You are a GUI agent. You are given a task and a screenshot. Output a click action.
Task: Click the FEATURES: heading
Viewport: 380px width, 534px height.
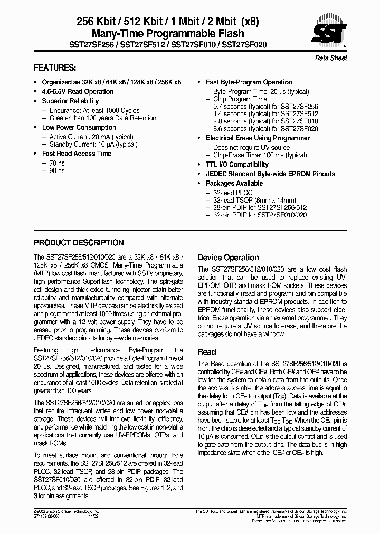[55, 68]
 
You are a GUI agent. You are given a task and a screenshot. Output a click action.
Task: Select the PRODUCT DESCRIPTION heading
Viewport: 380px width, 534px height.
[79, 243]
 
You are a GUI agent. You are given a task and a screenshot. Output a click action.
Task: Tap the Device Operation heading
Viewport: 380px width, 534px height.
[228, 258]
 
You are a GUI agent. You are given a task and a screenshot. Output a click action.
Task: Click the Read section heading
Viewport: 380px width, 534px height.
[206, 351]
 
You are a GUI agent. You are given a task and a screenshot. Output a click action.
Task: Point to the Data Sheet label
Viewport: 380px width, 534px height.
[331, 58]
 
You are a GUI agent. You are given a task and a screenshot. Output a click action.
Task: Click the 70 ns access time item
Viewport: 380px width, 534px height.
[57, 163]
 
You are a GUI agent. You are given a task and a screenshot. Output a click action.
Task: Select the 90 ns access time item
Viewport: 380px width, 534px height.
[57, 171]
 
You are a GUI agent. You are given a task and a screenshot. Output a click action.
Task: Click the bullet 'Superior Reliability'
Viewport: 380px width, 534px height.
[70, 101]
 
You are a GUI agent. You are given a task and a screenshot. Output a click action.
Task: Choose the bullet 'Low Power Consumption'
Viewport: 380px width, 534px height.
[79, 127]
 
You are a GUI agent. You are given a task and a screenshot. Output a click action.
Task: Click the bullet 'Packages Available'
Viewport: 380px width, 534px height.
[234, 183]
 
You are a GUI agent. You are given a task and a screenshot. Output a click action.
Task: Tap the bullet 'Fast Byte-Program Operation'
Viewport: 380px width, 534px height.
[249, 82]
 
